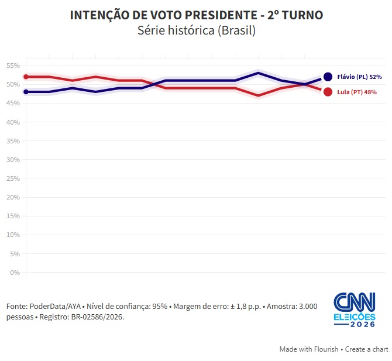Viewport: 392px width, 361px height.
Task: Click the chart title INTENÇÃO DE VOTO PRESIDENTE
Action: click(x=163, y=15)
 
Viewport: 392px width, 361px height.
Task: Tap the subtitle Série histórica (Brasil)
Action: click(x=197, y=30)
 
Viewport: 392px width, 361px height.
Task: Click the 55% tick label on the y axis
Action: click(x=13, y=66)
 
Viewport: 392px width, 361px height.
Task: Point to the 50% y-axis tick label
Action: click(x=13, y=84)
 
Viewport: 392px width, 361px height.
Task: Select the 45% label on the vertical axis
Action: click(x=13, y=103)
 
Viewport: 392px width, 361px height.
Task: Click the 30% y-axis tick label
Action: click(x=13, y=160)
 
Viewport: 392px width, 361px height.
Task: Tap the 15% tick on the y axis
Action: click(x=13, y=216)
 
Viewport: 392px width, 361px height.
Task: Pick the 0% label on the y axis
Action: click(x=15, y=273)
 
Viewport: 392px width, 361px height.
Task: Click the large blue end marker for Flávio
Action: click(x=328, y=77)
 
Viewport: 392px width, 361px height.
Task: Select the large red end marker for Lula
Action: click(x=328, y=92)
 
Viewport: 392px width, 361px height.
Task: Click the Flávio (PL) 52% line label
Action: click(x=359, y=77)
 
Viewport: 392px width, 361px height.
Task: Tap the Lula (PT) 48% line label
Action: click(x=357, y=92)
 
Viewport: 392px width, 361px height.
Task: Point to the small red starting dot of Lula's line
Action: click(x=26, y=77)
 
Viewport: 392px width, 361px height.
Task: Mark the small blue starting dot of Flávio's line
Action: click(x=26, y=92)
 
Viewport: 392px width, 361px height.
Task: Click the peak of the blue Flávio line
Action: click(x=258, y=73)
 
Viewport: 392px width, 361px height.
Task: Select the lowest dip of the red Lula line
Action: click(x=258, y=95)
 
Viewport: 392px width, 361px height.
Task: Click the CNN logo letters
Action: click(x=355, y=302)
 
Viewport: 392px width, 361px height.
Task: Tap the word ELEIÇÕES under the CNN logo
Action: click(x=355, y=317)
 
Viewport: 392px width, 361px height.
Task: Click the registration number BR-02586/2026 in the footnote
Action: click(x=98, y=317)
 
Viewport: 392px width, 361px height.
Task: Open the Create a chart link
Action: click(x=366, y=349)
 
